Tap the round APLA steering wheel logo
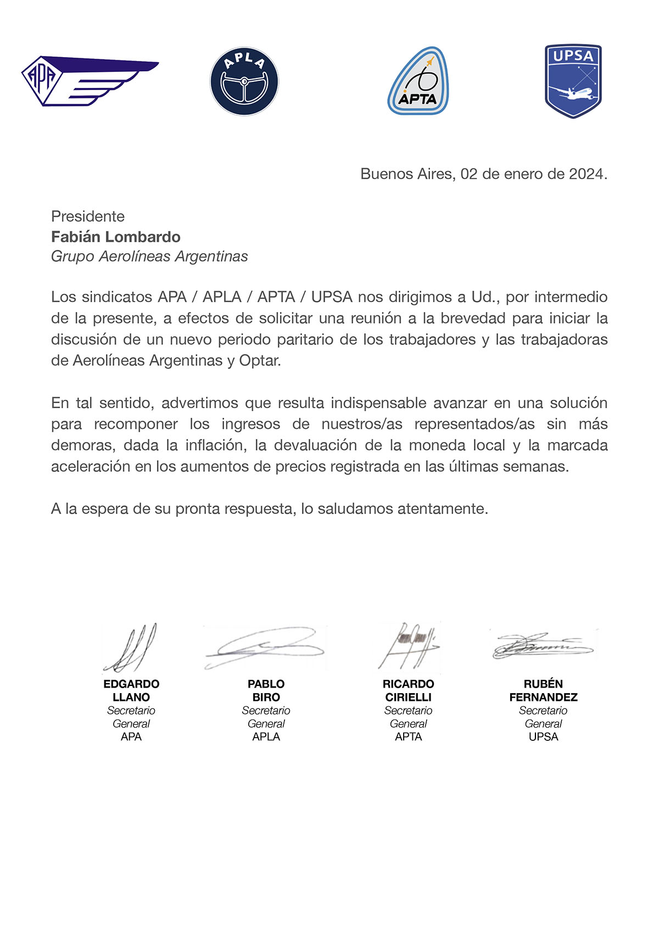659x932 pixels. pos(244,81)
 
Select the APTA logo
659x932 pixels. pos(418,81)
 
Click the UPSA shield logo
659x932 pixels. pos(573,81)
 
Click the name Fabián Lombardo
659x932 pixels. pos(116,237)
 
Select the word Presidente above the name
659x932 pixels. pos(88,216)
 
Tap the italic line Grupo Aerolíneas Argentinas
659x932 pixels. pos(149,256)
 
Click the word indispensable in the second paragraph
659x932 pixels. pos(378,403)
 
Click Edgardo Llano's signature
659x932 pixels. pos(132,649)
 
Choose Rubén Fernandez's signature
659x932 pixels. pos(543,646)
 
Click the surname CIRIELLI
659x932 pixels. pos(409,697)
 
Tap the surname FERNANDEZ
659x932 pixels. pos(543,697)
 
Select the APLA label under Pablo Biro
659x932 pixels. pos(266,737)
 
